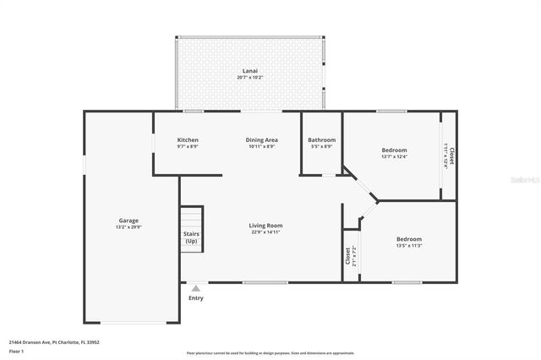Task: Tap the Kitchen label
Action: pyautogui.click(x=188, y=139)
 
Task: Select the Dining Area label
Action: pyautogui.click(x=261, y=139)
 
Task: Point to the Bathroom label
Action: pyautogui.click(x=321, y=139)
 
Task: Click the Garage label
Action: pyautogui.click(x=128, y=220)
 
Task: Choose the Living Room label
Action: pyautogui.click(x=265, y=226)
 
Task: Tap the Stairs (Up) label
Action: pyautogui.click(x=192, y=237)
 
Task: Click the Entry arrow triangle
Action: pyautogui.click(x=196, y=288)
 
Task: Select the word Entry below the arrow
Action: pyautogui.click(x=196, y=297)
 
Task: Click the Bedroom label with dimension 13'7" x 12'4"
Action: pyautogui.click(x=394, y=150)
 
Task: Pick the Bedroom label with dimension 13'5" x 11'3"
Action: pyautogui.click(x=409, y=239)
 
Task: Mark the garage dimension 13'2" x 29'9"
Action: pyautogui.click(x=128, y=227)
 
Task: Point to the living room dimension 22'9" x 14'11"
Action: pyautogui.click(x=265, y=233)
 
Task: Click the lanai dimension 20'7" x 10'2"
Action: pyautogui.click(x=249, y=78)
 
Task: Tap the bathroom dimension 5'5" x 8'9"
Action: pyautogui.click(x=321, y=146)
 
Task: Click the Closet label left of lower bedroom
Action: pyautogui.click(x=347, y=254)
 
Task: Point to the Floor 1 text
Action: pyautogui.click(x=17, y=351)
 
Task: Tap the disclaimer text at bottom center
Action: pyautogui.click(x=270, y=353)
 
